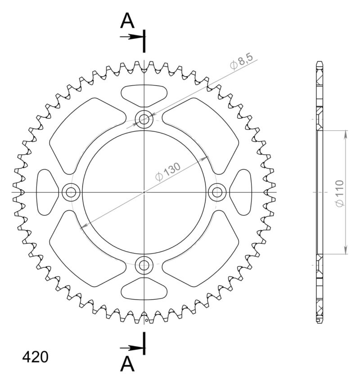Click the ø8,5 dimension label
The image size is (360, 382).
click(242, 62)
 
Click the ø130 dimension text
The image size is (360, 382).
click(168, 171)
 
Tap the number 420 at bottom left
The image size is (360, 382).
click(36, 357)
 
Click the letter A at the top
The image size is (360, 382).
click(128, 20)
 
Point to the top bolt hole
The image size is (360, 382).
click(144, 119)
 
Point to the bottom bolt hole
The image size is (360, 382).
click(144, 265)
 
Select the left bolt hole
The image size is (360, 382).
click(71, 192)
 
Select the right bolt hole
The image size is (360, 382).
click(217, 192)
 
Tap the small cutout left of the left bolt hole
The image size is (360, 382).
click(46, 192)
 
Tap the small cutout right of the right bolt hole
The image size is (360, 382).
click(241, 192)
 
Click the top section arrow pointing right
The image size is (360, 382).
click(131, 36)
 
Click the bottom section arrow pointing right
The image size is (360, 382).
click(131, 347)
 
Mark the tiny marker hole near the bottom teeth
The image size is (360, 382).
click(147, 320)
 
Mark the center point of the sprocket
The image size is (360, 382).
click(144, 192)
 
